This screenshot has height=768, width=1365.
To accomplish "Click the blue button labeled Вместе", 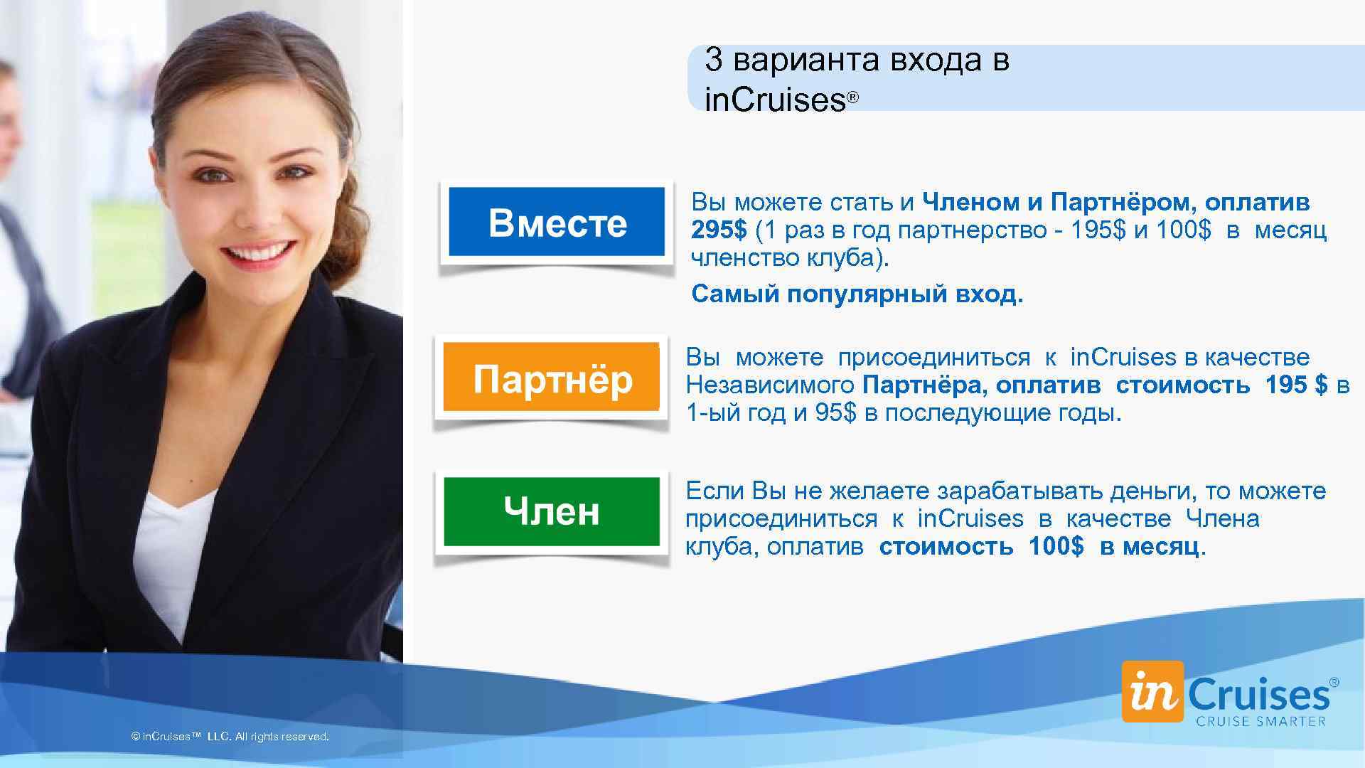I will (557, 222).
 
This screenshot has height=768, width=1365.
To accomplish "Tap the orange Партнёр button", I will (552, 378).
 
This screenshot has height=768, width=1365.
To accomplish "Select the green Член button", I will (552, 511).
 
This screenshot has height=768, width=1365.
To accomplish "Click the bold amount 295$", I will (719, 230).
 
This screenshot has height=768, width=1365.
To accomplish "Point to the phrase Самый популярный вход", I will (857, 294).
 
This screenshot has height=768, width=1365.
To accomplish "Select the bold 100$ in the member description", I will (1056, 546).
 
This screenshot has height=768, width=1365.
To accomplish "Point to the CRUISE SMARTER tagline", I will (1260, 721).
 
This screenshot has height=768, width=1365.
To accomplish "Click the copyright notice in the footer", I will (230, 737).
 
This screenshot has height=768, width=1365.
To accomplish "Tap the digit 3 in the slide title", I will (713, 60).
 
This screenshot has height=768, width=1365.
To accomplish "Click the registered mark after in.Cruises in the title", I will (853, 97).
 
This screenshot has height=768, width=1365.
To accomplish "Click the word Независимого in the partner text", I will (769, 385).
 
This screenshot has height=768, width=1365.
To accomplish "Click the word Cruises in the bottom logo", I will (1258, 693).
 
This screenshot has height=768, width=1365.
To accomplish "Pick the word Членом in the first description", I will (971, 203).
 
